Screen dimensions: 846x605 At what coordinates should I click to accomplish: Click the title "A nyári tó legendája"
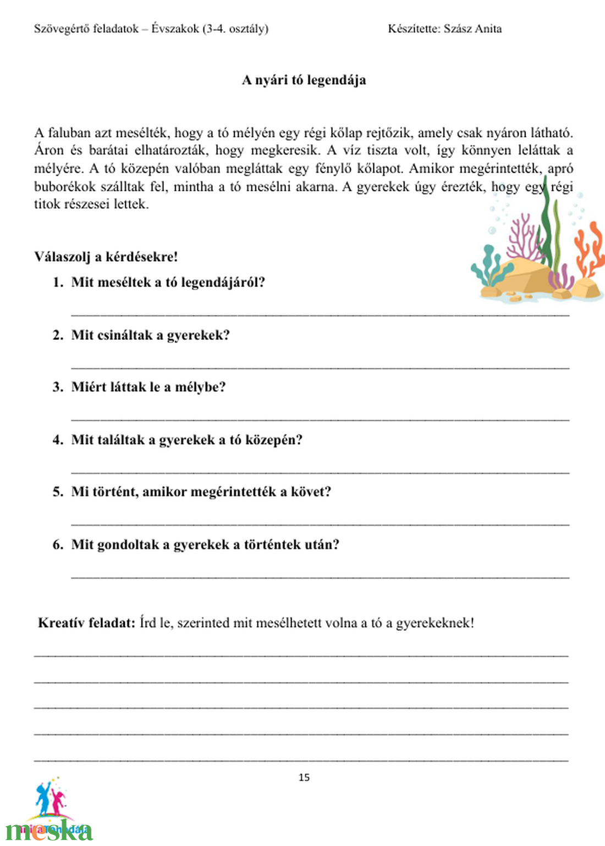tap(304, 80)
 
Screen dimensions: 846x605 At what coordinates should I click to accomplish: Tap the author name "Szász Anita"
tap(472, 29)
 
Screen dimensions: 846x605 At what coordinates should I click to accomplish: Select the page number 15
tap(304, 777)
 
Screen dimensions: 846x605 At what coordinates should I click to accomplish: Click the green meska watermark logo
tap(50, 831)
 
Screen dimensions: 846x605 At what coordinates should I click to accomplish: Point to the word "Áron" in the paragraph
tap(49, 150)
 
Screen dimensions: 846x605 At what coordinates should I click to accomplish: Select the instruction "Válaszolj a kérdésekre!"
tap(106, 256)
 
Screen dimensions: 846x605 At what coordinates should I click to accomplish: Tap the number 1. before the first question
tap(58, 282)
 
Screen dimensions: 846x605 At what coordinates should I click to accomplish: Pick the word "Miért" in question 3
tap(89, 387)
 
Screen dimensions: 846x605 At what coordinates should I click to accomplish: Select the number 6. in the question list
tap(58, 545)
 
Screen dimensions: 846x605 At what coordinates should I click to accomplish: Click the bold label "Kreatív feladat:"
tap(86, 623)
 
